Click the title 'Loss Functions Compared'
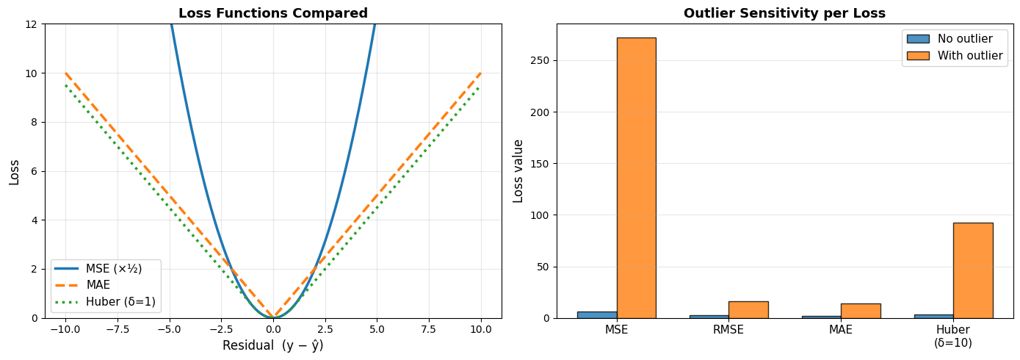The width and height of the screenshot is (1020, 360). click(x=273, y=13)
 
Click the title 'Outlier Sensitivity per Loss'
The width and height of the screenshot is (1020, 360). click(x=784, y=13)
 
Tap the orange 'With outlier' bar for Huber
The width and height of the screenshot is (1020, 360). click(x=972, y=270)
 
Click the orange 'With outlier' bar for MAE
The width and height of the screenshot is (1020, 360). click(x=861, y=311)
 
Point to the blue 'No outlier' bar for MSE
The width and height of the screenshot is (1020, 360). click(x=597, y=314)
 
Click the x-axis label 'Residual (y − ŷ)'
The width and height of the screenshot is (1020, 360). click(x=273, y=345)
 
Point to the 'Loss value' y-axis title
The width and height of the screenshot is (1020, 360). click(x=518, y=170)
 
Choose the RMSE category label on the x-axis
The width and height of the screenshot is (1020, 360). click(x=728, y=330)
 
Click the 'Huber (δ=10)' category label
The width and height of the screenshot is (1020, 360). click(x=953, y=336)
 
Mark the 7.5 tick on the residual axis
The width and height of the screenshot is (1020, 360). click(x=429, y=330)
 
